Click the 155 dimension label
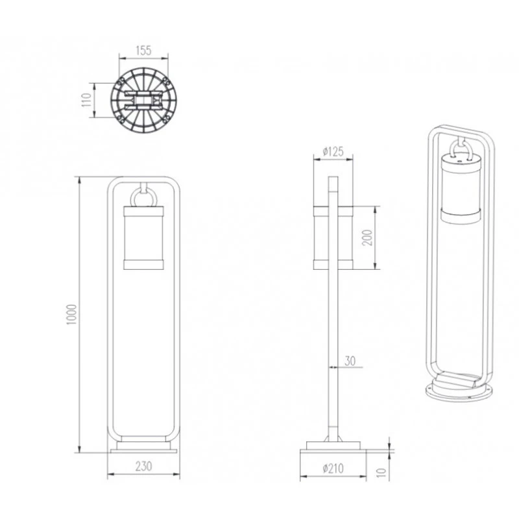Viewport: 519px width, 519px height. click(143, 51)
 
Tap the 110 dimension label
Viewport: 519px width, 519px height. click(86, 100)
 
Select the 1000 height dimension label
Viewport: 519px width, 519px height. click(71, 315)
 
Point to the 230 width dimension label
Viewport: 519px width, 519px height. click(143, 466)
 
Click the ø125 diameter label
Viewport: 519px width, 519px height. click(333, 152)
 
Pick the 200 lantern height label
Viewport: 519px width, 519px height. click(367, 237)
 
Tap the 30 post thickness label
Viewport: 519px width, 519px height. click(350, 361)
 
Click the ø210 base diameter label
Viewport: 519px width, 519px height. click(333, 468)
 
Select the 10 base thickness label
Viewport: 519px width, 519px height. click(381, 472)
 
